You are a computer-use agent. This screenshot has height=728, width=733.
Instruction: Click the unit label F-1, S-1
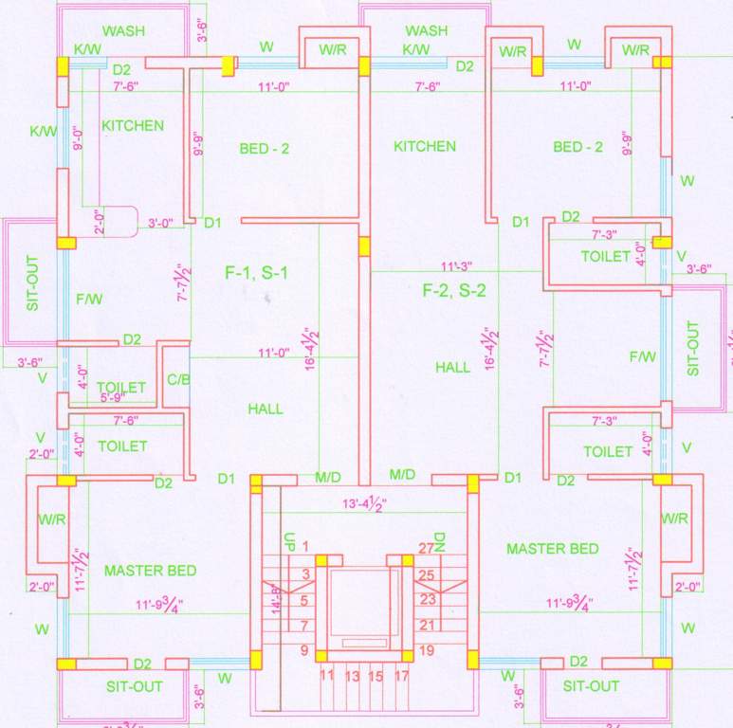[256, 273]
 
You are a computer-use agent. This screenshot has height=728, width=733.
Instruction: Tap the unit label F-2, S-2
[454, 291]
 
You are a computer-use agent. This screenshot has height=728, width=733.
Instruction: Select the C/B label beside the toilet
[177, 380]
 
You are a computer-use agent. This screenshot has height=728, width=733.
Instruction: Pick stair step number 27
[426, 548]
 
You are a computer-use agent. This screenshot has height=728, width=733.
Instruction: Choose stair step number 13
[352, 677]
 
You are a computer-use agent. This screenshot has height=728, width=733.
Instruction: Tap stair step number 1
[306, 546]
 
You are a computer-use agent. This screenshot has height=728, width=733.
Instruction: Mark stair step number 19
[426, 650]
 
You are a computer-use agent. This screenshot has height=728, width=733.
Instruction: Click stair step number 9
[305, 650]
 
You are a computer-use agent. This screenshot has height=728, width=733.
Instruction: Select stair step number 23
[426, 599]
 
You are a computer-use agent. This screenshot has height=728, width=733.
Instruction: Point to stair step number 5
[305, 599]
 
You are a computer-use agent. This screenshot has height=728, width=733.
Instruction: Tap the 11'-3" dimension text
[456, 265]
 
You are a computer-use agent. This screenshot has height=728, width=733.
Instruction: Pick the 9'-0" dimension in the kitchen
[79, 139]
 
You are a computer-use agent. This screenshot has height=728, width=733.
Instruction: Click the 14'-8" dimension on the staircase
[276, 599]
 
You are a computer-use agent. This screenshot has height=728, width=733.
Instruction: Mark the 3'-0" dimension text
[161, 224]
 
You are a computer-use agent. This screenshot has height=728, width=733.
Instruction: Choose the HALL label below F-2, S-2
[452, 367]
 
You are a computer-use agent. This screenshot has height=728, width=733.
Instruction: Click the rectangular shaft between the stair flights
[359, 603]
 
